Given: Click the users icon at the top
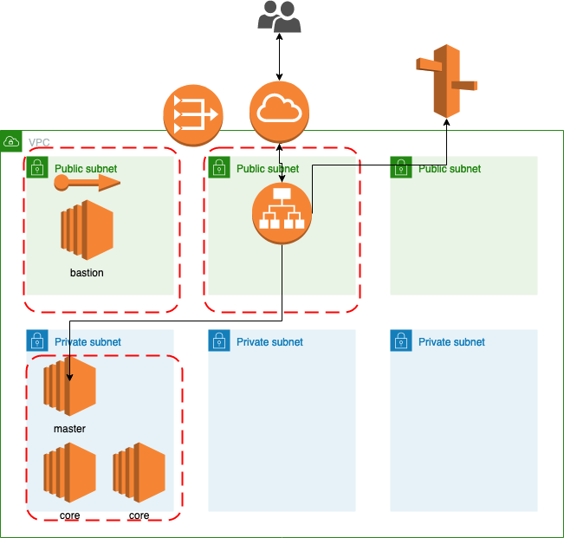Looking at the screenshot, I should click(279, 16).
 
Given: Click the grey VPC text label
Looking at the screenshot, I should click(39, 142).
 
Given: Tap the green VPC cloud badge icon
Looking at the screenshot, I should click(11, 140).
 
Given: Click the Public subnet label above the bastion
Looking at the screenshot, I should click(86, 169).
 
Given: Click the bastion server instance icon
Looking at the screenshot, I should click(87, 229).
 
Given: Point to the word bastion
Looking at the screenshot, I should click(87, 273).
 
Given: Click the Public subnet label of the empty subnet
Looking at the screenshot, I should click(450, 169).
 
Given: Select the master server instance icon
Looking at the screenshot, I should click(69, 386).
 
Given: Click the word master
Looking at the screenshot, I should click(69, 429).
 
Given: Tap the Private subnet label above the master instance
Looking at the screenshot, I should click(88, 342).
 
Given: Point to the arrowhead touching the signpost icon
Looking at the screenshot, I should click(446, 123).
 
